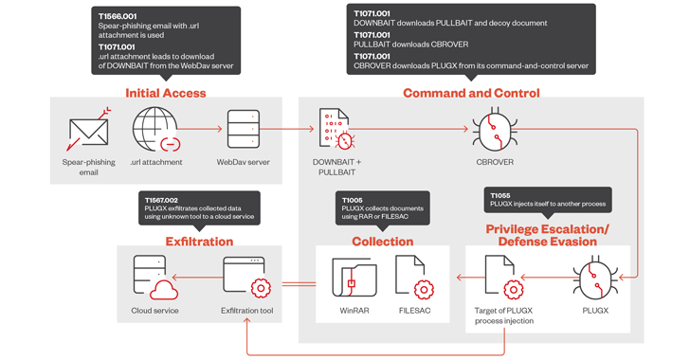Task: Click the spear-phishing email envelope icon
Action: (88, 130)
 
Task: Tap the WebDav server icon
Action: (244, 129)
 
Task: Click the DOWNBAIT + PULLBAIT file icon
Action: (336, 129)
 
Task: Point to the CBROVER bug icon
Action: (495, 129)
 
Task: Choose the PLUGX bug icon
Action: (595, 278)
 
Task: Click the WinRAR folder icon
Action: (354, 278)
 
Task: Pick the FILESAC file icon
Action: (414, 277)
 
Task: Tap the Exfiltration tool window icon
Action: (246, 278)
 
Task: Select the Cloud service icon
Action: (155, 278)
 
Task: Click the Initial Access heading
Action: (166, 93)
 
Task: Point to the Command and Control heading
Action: (471, 93)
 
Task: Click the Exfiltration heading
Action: (199, 242)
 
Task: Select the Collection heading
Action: (382, 242)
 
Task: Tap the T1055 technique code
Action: (500, 195)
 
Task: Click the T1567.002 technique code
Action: (161, 200)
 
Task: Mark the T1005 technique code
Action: (352, 200)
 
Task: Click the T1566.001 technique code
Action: (118, 17)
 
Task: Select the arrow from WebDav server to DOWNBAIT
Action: (287, 129)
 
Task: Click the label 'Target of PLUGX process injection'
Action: (504, 315)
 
